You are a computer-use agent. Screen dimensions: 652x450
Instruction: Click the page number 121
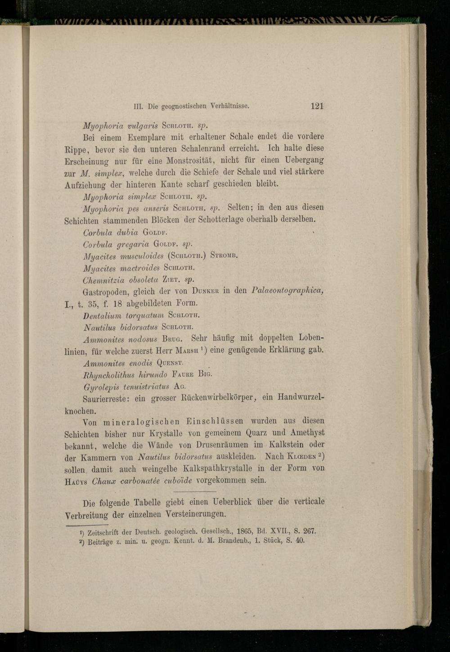[316, 107]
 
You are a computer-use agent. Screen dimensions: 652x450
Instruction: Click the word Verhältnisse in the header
[229, 107]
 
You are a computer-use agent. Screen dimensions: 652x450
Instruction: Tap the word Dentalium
[102, 314]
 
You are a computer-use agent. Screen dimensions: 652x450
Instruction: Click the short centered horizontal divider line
[194, 491]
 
